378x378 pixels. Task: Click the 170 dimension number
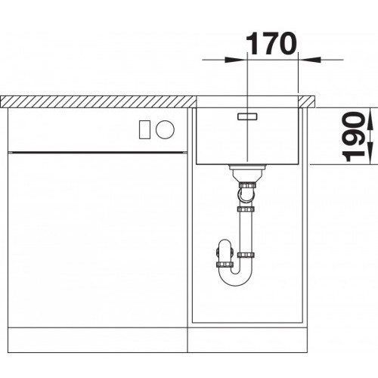(x=270, y=44)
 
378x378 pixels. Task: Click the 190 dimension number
(x=354, y=136)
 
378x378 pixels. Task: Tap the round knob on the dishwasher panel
(x=165, y=129)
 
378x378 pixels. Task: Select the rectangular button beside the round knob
(x=145, y=129)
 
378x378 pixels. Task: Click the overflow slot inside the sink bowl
(x=247, y=116)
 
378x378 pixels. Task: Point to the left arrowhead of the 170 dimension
(x=236, y=60)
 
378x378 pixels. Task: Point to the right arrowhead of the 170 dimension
(x=309, y=60)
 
